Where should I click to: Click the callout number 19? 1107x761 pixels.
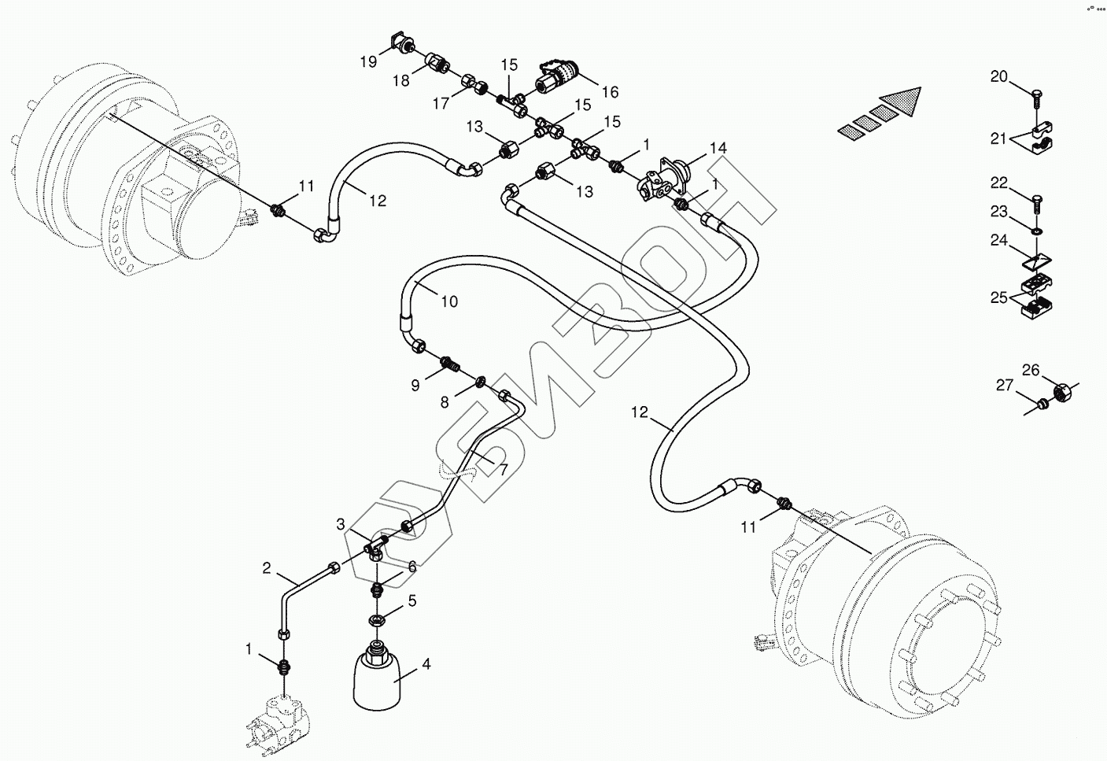(x=369, y=61)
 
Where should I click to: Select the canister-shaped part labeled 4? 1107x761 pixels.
(x=379, y=677)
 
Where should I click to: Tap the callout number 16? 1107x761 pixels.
(x=611, y=92)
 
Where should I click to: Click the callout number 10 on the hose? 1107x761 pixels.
(x=449, y=301)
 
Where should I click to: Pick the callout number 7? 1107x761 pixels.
(x=503, y=470)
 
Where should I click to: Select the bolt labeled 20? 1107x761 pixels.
(x=1037, y=105)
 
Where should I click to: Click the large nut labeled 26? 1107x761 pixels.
(x=1061, y=392)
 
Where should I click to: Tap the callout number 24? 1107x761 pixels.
(x=998, y=240)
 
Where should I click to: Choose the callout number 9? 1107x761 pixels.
(x=415, y=386)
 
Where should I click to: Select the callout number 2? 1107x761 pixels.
(x=267, y=568)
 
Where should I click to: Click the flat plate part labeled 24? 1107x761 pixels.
(x=1036, y=261)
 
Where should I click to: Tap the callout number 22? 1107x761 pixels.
(x=998, y=183)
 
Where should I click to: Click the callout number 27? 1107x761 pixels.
(x=1005, y=385)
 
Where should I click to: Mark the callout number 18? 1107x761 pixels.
(x=401, y=80)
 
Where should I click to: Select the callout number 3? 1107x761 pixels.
(x=341, y=524)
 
